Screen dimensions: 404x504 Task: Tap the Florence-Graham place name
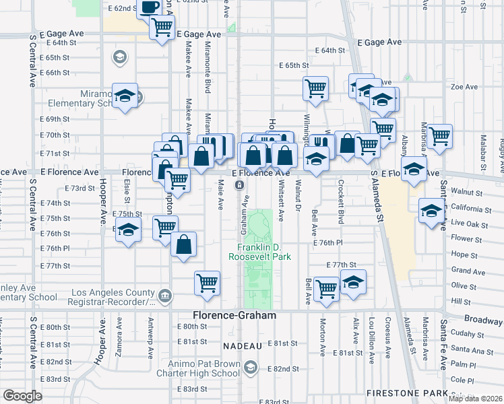pyautogui.click(x=234, y=315)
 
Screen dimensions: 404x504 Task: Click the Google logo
pyautogui.click(x=22, y=396)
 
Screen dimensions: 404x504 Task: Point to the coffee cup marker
pyautogui.click(x=150, y=7)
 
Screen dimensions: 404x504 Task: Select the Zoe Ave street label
pyautogui.click(x=464, y=87)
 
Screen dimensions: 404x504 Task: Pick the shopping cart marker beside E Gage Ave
pyautogui.click(x=162, y=28)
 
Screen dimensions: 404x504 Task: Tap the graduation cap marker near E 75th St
pyautogui.click(x=126, y=231)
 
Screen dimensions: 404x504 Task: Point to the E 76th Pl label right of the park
pyautogui.click(x=328, y=242)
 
